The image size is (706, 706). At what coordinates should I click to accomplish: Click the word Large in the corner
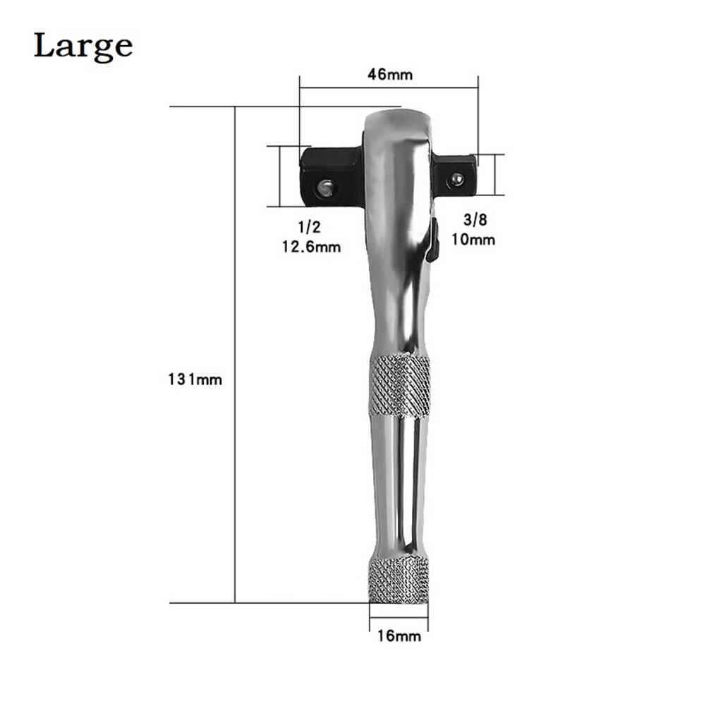83,46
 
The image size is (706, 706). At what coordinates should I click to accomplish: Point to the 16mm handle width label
399,636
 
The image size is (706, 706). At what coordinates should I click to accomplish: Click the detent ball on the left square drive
325,188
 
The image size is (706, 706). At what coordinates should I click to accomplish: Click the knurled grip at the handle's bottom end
398,580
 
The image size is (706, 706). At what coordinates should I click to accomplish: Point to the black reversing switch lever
433,242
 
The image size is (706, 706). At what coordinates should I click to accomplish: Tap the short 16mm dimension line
398,621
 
